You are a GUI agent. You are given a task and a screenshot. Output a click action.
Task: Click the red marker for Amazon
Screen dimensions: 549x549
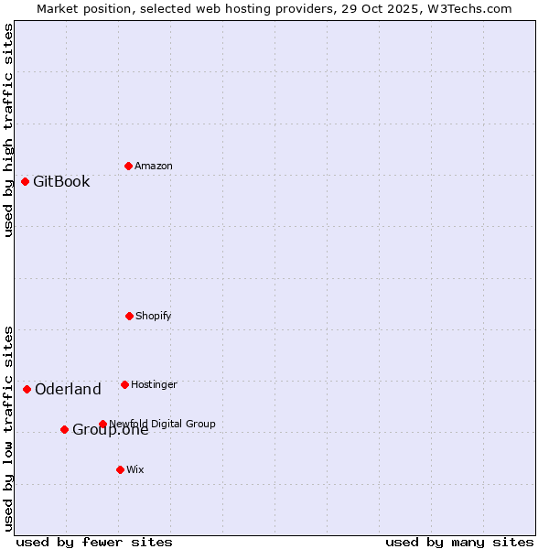point(128,166)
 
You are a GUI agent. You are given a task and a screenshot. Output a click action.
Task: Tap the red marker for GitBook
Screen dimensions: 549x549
point(25,181)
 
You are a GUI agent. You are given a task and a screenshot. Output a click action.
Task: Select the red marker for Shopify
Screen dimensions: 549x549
point(129,316)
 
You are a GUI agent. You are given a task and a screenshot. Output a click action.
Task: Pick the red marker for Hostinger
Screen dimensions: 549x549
point(124,384)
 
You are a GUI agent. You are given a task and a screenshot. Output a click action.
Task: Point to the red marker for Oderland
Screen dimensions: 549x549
point(27,389)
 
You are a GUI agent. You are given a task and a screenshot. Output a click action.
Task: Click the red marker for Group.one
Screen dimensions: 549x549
point(64,429)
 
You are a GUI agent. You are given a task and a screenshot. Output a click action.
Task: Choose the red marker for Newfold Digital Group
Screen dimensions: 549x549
point(102,424)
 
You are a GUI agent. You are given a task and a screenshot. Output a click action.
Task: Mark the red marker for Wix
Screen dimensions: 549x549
point(120,469)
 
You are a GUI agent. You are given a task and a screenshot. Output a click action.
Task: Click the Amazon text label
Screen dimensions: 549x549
point(154,166)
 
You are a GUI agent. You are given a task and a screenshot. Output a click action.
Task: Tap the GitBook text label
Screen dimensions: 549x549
point(61,181)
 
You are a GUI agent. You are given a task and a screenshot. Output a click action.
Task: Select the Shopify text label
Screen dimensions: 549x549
point(154,316)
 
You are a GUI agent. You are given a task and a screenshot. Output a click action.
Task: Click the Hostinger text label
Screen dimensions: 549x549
point(154,384)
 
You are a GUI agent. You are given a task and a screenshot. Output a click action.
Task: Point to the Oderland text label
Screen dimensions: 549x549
point(68,389)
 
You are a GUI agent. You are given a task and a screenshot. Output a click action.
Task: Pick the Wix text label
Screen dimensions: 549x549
point(135,469)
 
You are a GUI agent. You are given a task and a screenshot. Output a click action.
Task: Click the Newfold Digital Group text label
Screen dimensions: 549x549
point(163,424)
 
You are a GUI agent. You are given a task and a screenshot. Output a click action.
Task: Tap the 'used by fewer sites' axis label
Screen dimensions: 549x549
point(94,542)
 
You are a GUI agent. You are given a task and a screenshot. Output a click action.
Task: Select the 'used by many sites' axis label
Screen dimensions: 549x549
point(459,542)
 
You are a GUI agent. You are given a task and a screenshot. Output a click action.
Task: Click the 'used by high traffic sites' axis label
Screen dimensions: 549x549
point(8,130)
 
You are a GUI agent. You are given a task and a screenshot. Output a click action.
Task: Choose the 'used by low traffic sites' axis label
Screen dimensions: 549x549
point(8,427)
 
